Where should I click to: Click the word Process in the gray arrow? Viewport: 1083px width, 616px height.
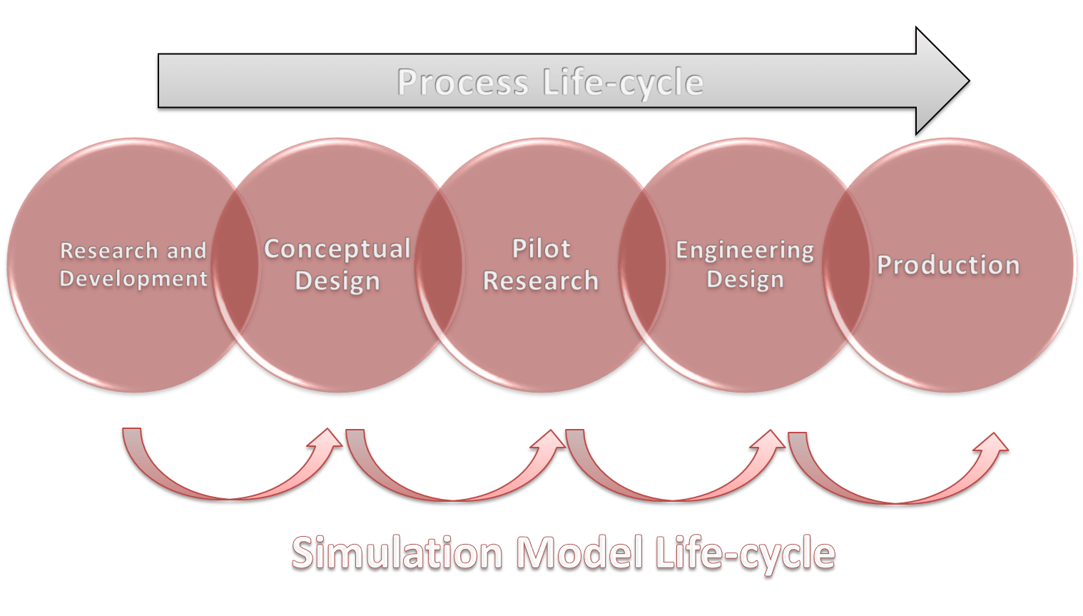pyautogui.click(x=462, y=82)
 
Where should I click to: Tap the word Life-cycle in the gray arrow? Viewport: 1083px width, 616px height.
pyautogui.click(x=624, y=83)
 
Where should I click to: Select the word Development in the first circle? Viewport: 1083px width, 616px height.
pyautogui.click(x=133, y=278)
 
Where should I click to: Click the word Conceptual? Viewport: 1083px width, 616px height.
pyautogui.click(x=337, y=248)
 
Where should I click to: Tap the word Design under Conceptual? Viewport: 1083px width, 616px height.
pyautogui.click(x=337, y=281)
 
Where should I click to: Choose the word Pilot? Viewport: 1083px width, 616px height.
pyautogui.click(x=541, y=248)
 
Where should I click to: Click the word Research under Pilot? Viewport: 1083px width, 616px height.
pyautogui.click(x=541, y=281)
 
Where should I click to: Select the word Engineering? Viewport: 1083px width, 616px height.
pyautogui.click(x=745, y=250)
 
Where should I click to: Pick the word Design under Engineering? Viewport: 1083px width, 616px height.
pyautogui.click(x=745, y=279)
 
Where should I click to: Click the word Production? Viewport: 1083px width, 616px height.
pyautogui.click(x=948, y=265)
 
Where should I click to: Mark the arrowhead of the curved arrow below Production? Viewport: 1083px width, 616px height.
pyautogui.click(x=994, y=443)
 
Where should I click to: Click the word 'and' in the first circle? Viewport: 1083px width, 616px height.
pyautogui.click(x=186, y=251)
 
